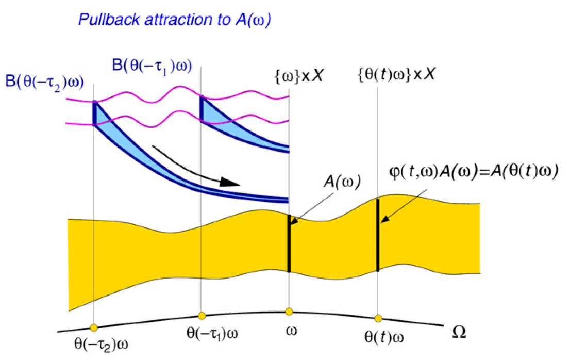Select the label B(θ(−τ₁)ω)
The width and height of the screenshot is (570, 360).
click(153, 66)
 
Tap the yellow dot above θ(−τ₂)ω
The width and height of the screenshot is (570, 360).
click(93, 328)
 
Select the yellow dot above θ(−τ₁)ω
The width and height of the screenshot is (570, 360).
click(202, 316)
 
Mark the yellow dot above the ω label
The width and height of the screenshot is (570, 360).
click(289, 311)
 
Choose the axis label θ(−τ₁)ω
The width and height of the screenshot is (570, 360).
click(212, 333)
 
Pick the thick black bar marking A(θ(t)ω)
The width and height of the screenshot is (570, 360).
click(378, 235)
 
